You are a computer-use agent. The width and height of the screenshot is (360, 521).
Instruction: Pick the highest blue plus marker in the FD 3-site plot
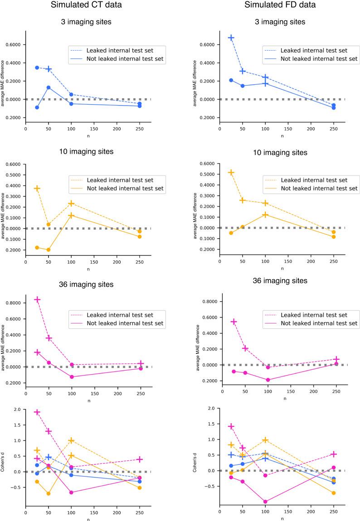click(231, 38)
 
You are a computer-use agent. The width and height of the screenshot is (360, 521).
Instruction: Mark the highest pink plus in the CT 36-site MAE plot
click(37, 299)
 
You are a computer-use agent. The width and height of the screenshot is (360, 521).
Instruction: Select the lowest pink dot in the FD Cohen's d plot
click(265, 502)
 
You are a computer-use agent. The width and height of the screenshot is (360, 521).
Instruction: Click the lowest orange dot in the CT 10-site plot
click(49, 250)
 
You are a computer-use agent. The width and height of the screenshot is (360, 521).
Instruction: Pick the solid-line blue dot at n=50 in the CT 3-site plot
click(49, 87)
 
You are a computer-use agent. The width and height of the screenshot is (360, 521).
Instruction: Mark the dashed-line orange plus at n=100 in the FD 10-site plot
click(265, 203)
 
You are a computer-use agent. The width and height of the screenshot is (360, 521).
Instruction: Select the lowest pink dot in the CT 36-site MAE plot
click(72, 377)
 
